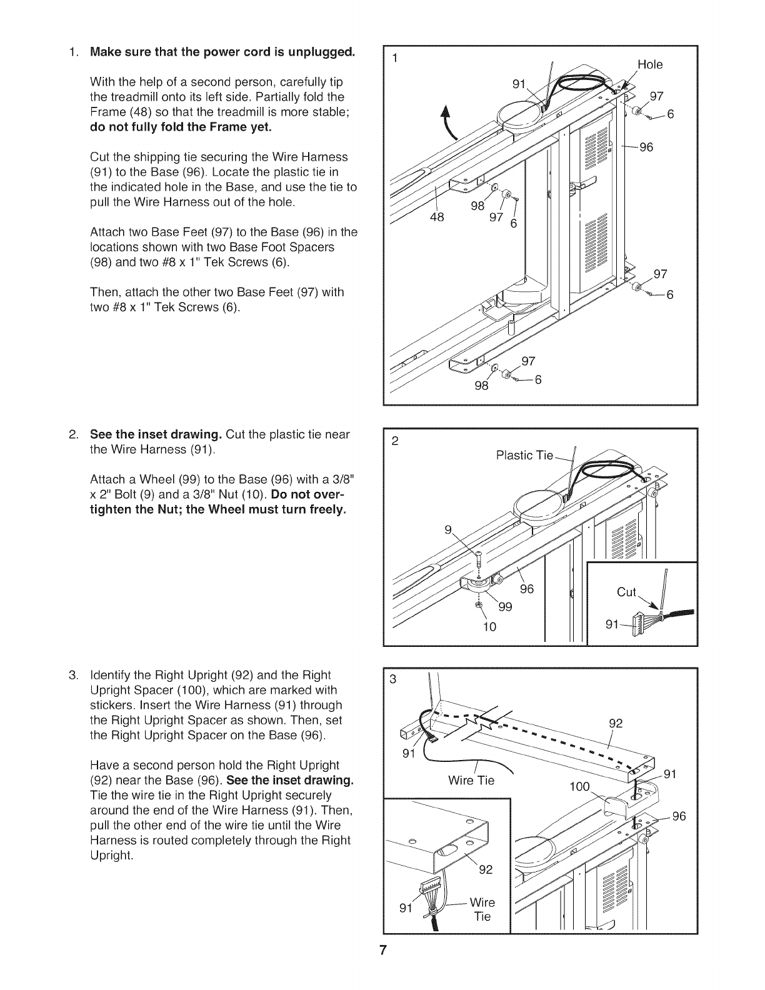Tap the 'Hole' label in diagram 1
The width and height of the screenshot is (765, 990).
tap(649, 64)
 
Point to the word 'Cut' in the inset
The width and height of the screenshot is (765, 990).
tap(626, 592)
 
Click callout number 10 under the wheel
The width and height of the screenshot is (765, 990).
tap(489, 626)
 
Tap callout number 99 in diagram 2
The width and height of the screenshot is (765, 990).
tap(504, 606)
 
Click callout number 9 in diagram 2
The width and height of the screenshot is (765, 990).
tap(447, 531)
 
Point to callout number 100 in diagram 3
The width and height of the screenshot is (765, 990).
tap(579, 786)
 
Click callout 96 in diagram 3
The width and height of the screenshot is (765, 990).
tap(679, 816)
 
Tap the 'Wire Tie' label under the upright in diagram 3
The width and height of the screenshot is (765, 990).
tap(471, 781)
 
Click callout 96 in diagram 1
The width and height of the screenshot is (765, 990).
tap(646, 147)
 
